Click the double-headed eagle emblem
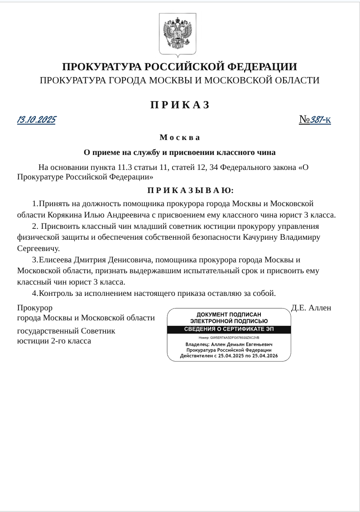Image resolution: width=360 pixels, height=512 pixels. (177, 34)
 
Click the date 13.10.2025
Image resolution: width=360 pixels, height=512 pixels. (36, 120)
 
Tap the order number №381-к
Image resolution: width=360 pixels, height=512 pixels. (315, 120)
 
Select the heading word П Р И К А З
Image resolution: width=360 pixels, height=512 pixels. (180, 105)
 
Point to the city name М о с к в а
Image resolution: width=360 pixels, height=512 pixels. (180, 137)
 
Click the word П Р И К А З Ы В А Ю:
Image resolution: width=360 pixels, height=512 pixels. (190, 190)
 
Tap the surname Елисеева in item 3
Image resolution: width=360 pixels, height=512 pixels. (55, 260)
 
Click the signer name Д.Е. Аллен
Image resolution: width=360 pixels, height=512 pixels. (311, 308)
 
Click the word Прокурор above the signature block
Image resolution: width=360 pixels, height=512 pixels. (35, 308)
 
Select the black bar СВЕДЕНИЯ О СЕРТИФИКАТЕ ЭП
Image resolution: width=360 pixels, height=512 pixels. (229, 329)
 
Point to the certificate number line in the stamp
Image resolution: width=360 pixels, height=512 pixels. (229, 338)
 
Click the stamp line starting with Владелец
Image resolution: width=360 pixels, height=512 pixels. (229, 344)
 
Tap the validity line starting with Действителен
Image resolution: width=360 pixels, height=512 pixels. (229, 356)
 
